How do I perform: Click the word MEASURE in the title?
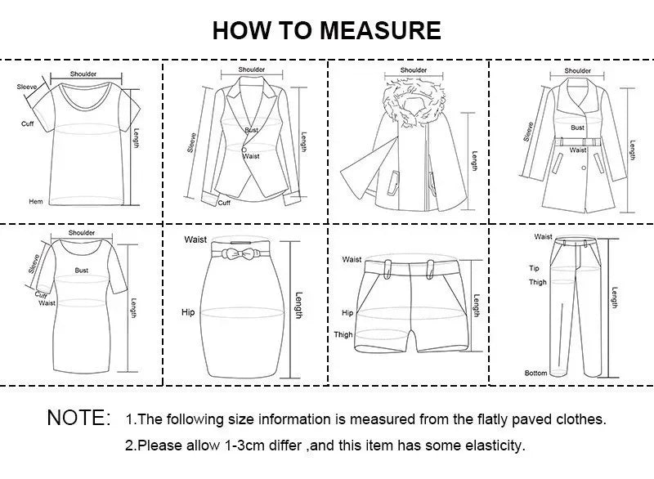click(380, 31)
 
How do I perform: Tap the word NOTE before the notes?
click(79, 419)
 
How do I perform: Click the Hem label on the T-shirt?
click(36, 201)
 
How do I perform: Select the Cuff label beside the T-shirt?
click(27, 123)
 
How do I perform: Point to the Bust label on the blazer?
click(251, 130)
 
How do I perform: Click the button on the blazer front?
click(244, 149)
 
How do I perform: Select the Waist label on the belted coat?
click(578, 150)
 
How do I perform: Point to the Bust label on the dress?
click(82, 270)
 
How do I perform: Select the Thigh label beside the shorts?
click(343, 335)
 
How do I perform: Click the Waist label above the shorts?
click(352, 259)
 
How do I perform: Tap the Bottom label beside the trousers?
click(536, 373)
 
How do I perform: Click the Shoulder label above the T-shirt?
click(83, 74)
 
